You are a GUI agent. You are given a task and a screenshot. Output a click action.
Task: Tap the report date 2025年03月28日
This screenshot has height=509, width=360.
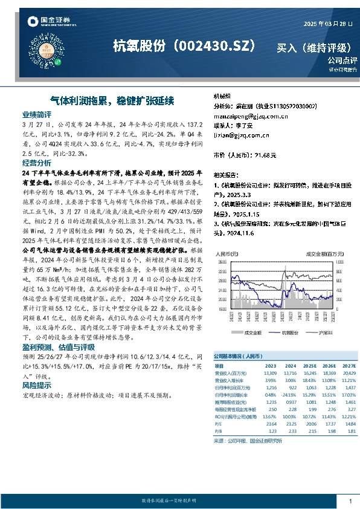click(327, 24)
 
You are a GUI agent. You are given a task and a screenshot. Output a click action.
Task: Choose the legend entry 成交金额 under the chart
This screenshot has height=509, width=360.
click(252, 332)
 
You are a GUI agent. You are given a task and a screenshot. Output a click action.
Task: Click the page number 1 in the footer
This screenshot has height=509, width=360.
click(350, 501)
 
